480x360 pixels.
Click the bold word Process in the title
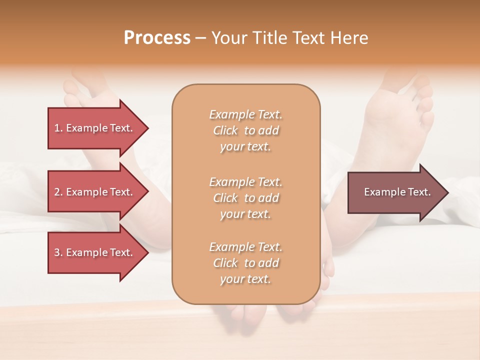tap(157, 38)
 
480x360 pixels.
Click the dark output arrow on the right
tap(395, 192)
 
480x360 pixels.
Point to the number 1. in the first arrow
tap(58, 128)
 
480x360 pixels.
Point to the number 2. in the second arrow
tap(58, 192)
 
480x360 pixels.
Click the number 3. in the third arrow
tap(58, 252)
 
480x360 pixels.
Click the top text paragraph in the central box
tap(245, 130)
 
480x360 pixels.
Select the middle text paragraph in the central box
tap(245, 198)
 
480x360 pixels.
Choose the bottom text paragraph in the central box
tap(245, 263)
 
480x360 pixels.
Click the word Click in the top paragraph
tap(225, 130)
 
